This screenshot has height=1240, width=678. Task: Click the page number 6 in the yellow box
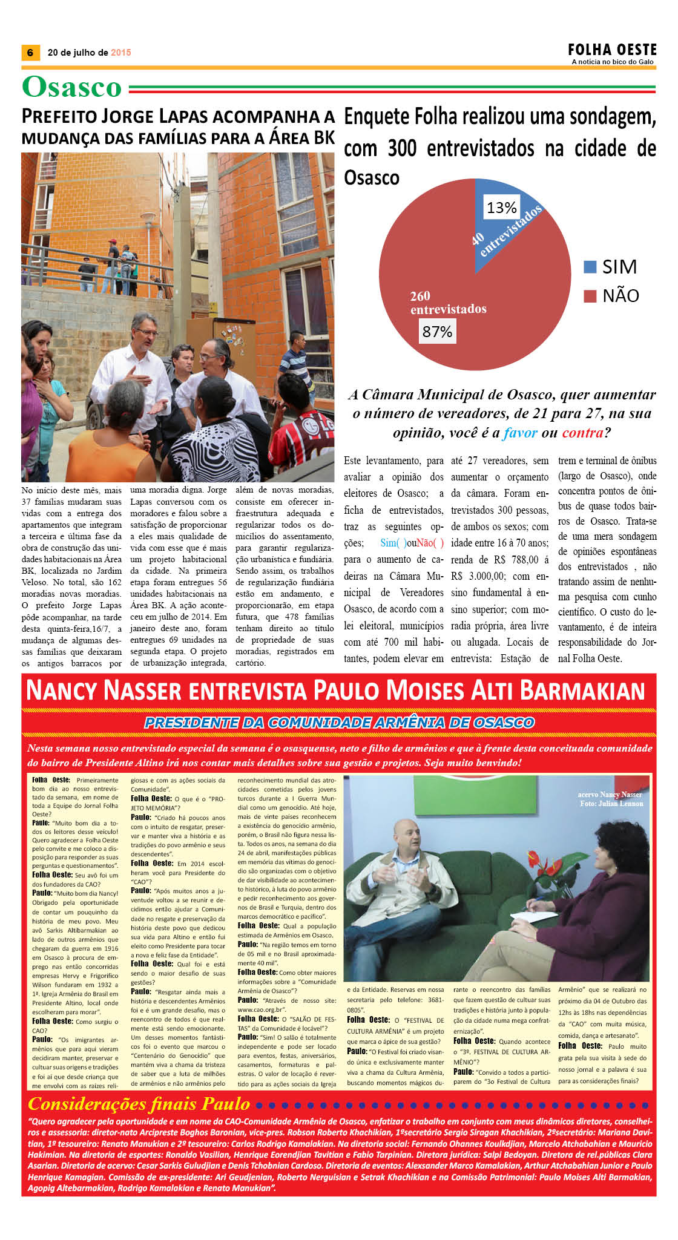(30, 53)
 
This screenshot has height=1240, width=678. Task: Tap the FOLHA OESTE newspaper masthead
(612, 49)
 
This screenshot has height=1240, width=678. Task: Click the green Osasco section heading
(72, 88)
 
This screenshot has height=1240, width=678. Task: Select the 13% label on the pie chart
(501, 208)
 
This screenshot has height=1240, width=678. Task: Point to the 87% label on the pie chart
(437, 332)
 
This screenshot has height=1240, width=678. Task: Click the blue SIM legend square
(590, 267)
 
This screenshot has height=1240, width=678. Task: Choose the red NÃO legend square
(590, 296)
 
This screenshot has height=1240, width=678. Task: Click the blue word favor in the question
(520, 433)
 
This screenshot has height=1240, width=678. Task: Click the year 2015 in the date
(121, 53)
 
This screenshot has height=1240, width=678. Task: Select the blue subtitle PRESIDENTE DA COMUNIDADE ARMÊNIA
(339, 723)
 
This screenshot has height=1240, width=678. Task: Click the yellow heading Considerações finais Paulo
(139, 1103)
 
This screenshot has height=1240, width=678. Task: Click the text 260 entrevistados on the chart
(448, 303)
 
